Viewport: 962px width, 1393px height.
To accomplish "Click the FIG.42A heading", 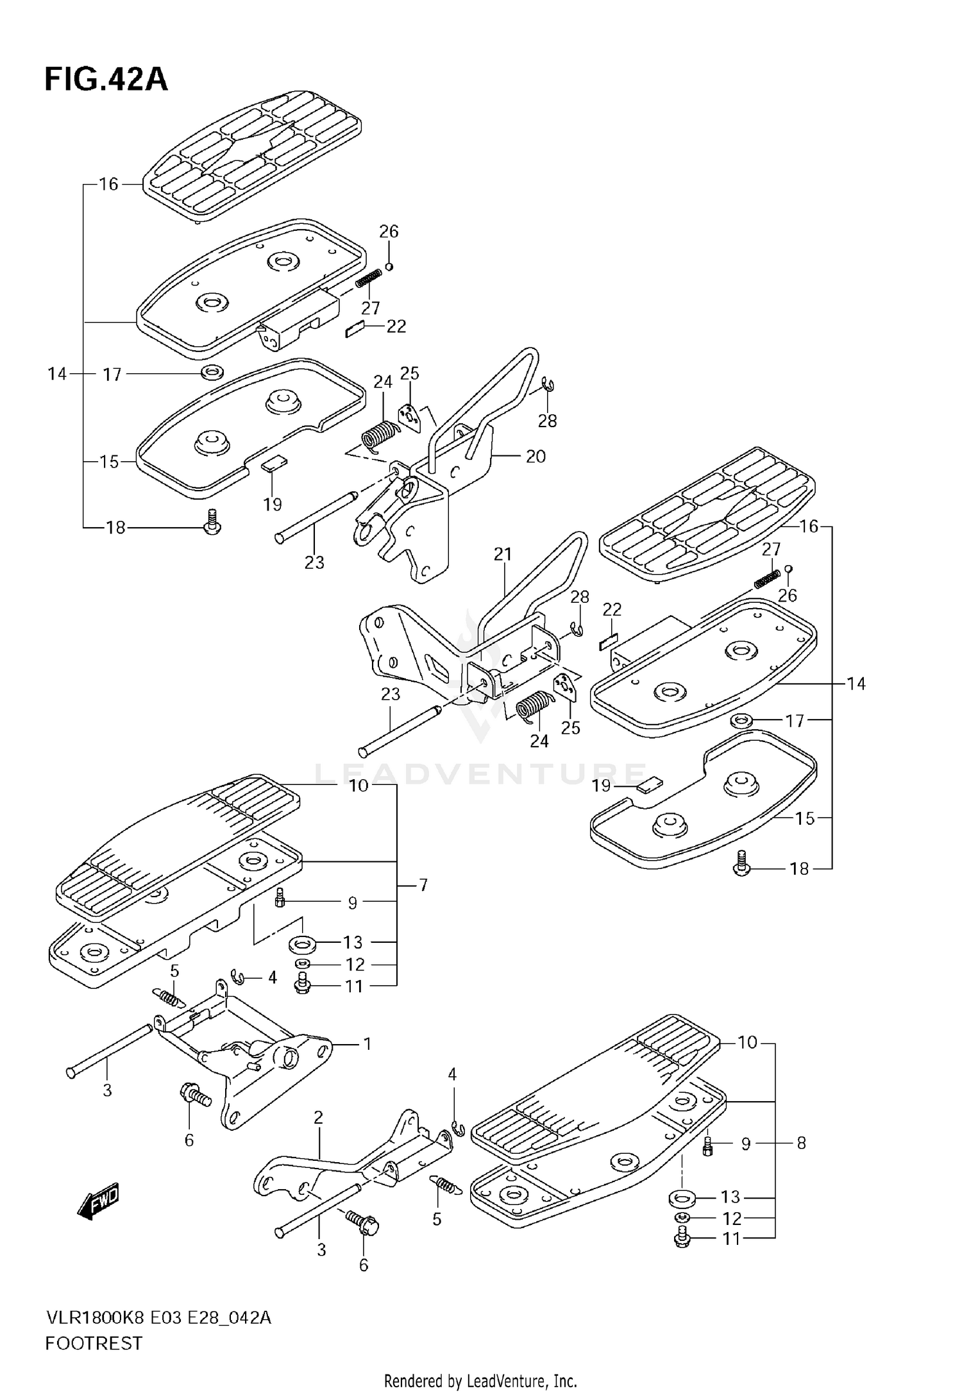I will tap(106, 80).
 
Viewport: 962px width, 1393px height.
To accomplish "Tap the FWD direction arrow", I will tap(97, 1200).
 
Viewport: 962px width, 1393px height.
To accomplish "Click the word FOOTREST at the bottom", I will tap(94, 1342).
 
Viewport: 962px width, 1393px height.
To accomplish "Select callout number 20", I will tap(536, 457).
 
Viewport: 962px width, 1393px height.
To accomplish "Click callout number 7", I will tap(423, 885).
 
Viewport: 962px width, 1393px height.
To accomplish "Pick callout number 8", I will tap(801, 1142).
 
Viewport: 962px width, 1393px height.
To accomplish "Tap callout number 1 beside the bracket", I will tap(367, 1043).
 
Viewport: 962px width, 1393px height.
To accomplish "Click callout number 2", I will tap(318, 1117).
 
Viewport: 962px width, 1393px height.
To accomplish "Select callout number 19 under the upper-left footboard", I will tap(273, 504).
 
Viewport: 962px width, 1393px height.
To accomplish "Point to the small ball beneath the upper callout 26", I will tap(389, 266).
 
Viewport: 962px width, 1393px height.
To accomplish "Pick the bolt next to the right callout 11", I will tap(682, 1238).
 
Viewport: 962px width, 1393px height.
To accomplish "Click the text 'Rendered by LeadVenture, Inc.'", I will tap(480, 1380).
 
